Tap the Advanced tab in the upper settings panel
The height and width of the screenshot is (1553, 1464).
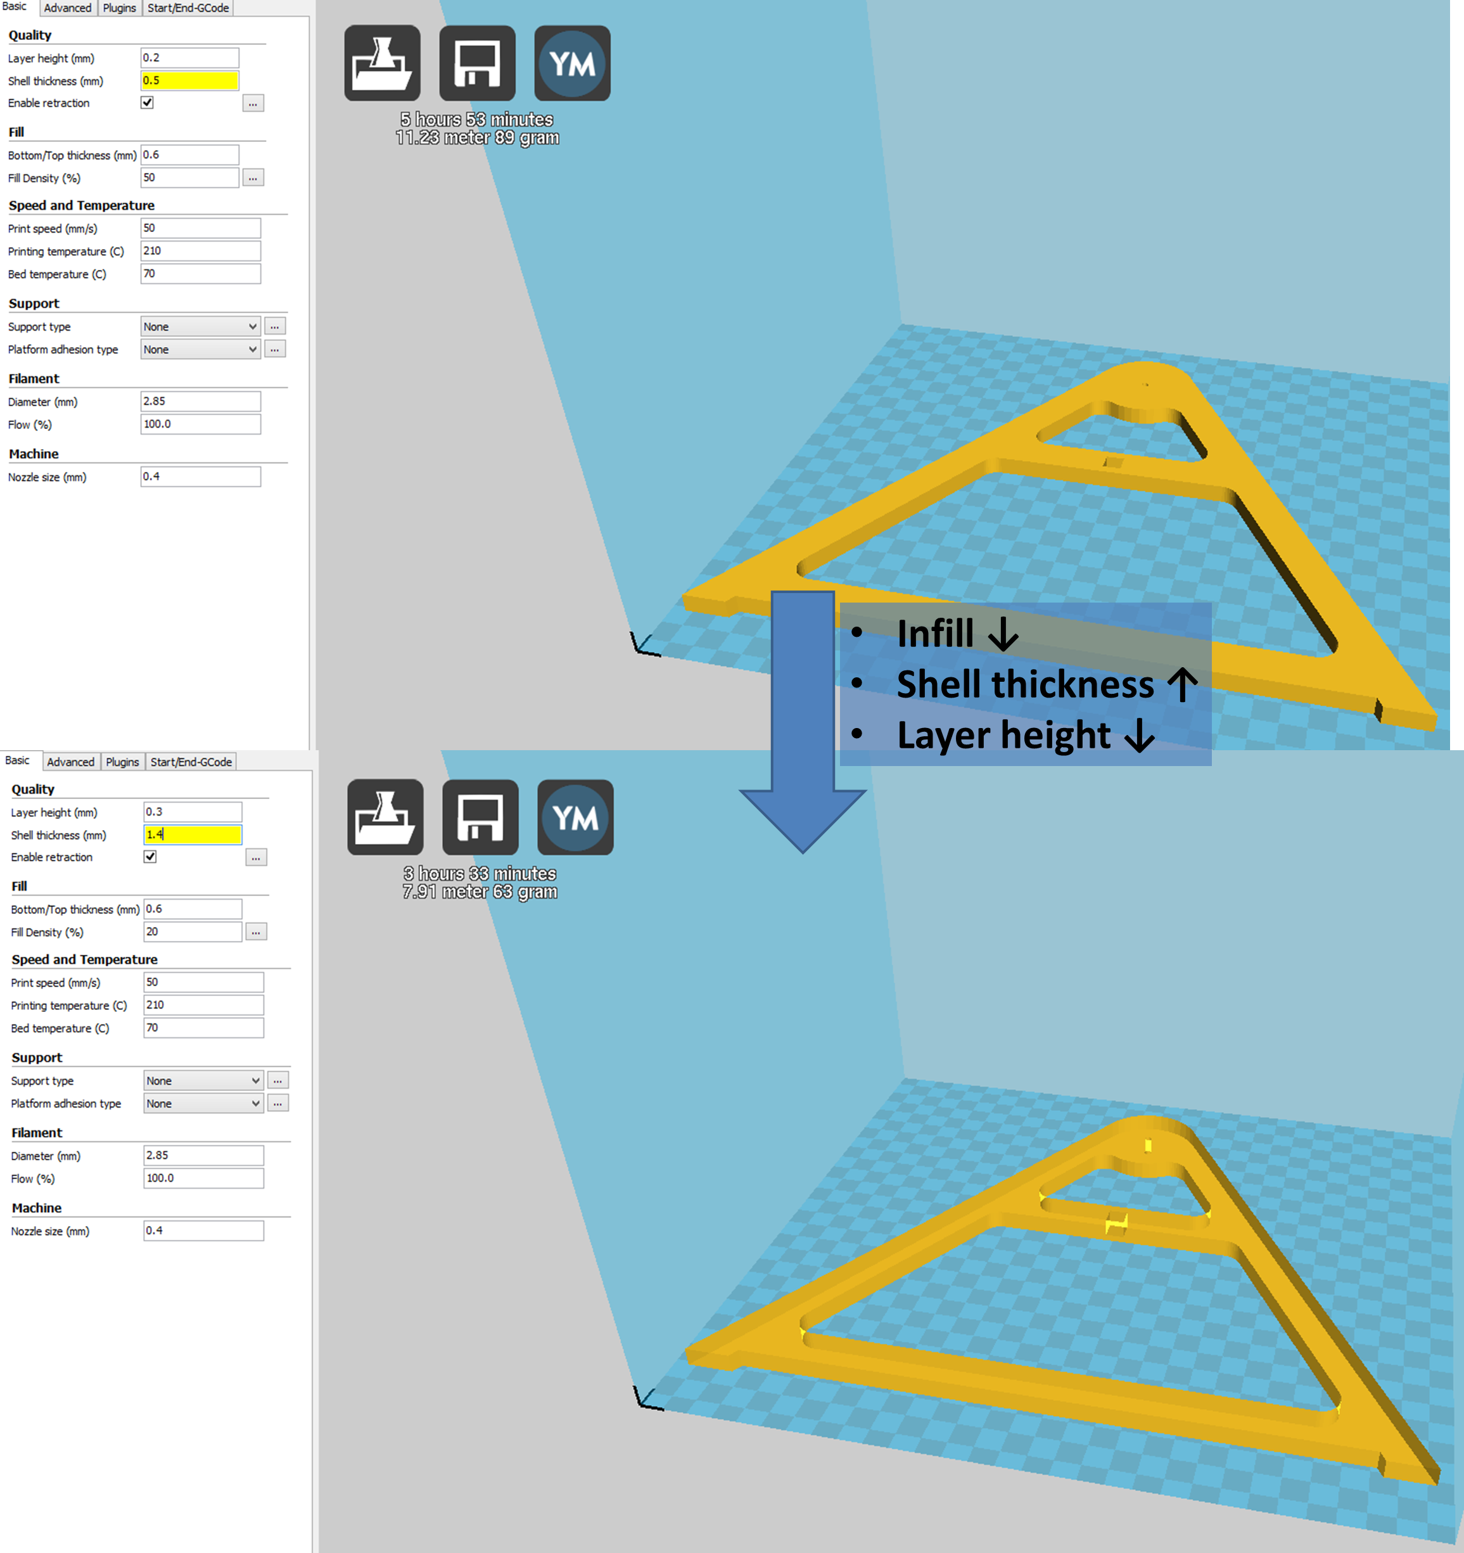67,8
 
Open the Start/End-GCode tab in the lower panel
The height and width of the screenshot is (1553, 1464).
191,762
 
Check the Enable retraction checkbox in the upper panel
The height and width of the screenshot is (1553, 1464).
147,103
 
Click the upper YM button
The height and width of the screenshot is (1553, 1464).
572,63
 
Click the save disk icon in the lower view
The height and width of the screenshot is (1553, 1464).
480,817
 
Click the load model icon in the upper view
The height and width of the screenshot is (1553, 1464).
382,63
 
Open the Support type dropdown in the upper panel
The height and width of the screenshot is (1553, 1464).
201,326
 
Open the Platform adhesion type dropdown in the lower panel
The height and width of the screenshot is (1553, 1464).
204,1103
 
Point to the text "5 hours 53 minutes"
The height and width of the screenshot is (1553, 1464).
476,120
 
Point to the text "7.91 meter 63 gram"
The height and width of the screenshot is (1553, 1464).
480,892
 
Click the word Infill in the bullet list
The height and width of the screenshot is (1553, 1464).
935,633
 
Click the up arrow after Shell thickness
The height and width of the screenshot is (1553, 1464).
1183,685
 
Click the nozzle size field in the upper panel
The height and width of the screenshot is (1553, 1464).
201,476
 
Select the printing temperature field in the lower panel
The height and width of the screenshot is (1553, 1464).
204,1005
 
